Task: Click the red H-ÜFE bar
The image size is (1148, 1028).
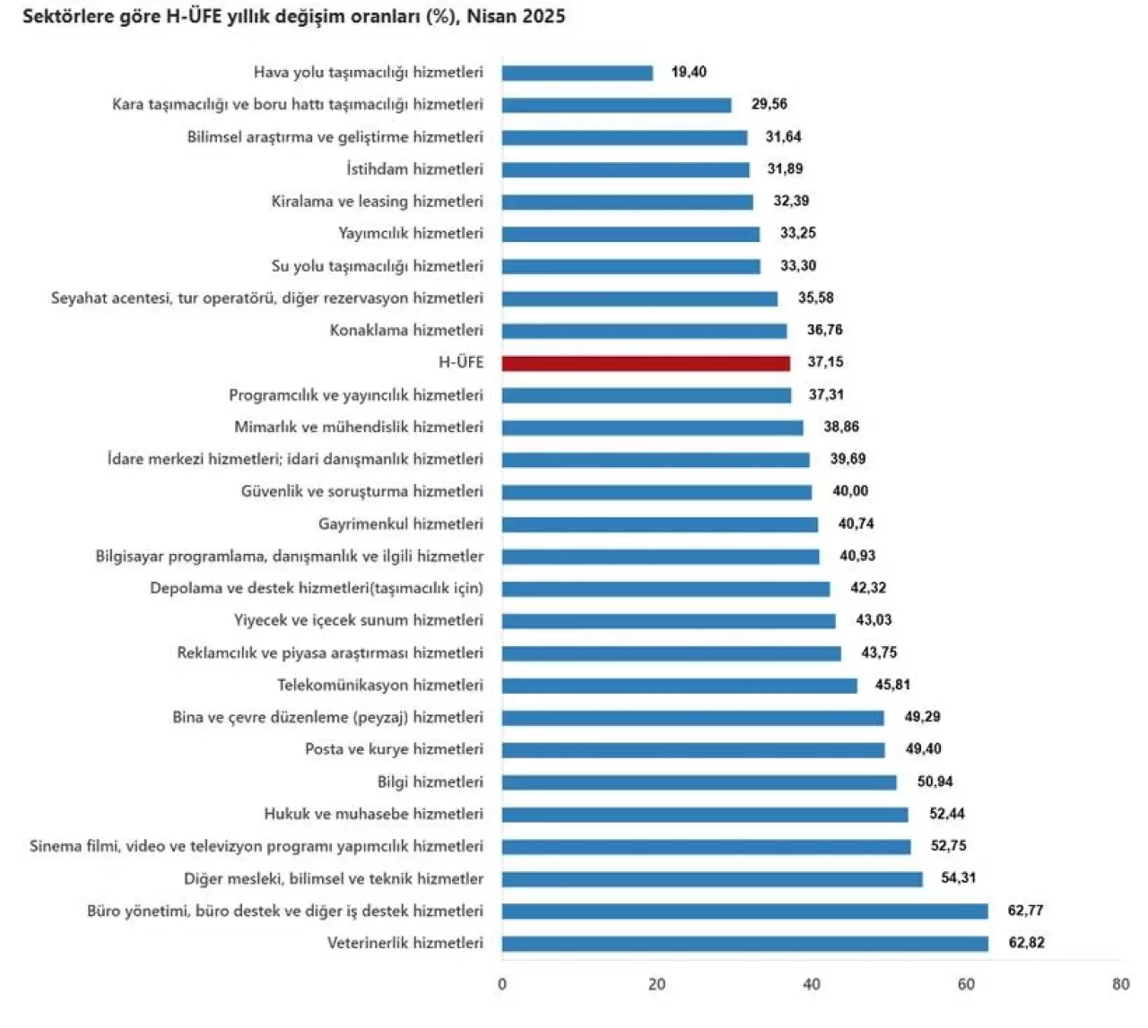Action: [x=646, y=363]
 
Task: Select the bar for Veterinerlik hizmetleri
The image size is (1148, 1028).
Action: [x=744, y=944]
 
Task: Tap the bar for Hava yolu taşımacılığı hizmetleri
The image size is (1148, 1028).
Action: [x=577, y=73]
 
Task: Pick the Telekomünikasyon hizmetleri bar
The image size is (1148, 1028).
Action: [x=679, y=686]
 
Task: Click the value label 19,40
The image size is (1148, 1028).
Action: [x=689, y=72]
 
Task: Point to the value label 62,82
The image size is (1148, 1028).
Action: [x=1026, y=943]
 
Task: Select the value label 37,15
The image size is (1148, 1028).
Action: [x=825, y=362]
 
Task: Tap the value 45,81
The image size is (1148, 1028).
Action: [x=892, y=685]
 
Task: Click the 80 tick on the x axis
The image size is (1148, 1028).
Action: [x=1120, y=984]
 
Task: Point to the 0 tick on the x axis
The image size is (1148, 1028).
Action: [x=501, y=984]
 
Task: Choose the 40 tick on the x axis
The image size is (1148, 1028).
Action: [x=811, y=984]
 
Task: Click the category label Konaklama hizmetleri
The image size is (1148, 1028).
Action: [x=406, y=330]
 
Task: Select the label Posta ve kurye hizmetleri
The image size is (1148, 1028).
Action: [x=394, y=749]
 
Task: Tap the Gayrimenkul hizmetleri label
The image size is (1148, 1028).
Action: [x=400, y=523]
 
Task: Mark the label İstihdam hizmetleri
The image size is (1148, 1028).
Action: [x=414, y=168]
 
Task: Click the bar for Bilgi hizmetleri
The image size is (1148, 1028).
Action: [x=699, y=782]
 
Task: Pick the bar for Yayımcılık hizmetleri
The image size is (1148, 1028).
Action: [x=631, y=234]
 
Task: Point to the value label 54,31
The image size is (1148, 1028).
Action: [x=958, y=878]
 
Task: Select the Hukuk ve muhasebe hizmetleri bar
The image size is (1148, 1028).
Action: [x=704, y=815]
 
